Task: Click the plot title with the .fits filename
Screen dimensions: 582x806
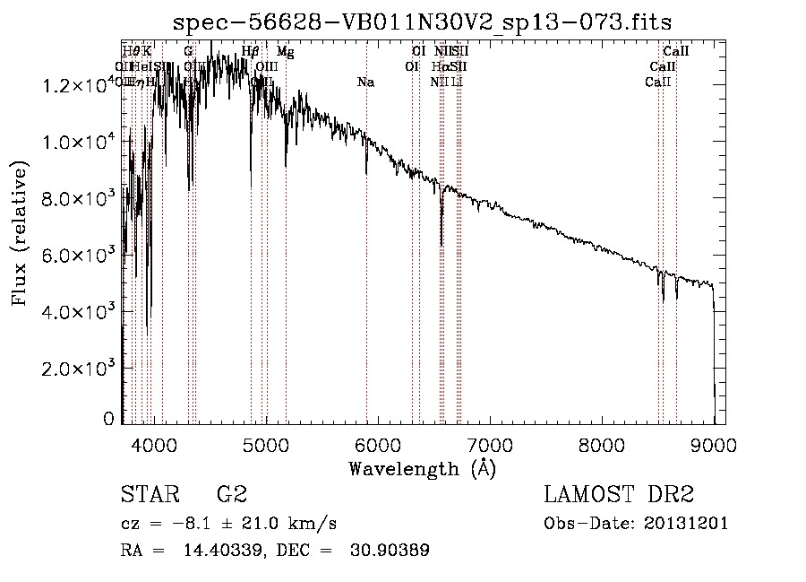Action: point(422,22)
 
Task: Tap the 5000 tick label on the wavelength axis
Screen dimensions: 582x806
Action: point(266,443)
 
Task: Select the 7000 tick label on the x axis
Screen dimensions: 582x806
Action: point(490,443)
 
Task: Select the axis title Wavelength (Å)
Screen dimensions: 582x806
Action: point(422,468)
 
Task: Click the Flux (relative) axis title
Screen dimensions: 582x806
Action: point(20,233)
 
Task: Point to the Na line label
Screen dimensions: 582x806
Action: point(365,83)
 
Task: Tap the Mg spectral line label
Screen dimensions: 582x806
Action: point(285,52)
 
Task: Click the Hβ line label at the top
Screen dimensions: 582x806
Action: point(251,52)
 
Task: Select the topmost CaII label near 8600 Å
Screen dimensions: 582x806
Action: point(675,52)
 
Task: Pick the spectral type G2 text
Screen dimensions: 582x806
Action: point(232,495)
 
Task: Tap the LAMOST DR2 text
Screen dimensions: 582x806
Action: point(619,495)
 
